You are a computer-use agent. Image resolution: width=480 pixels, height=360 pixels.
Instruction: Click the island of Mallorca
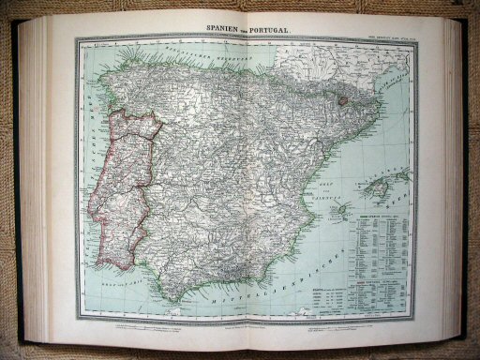(x=382, y=190)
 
